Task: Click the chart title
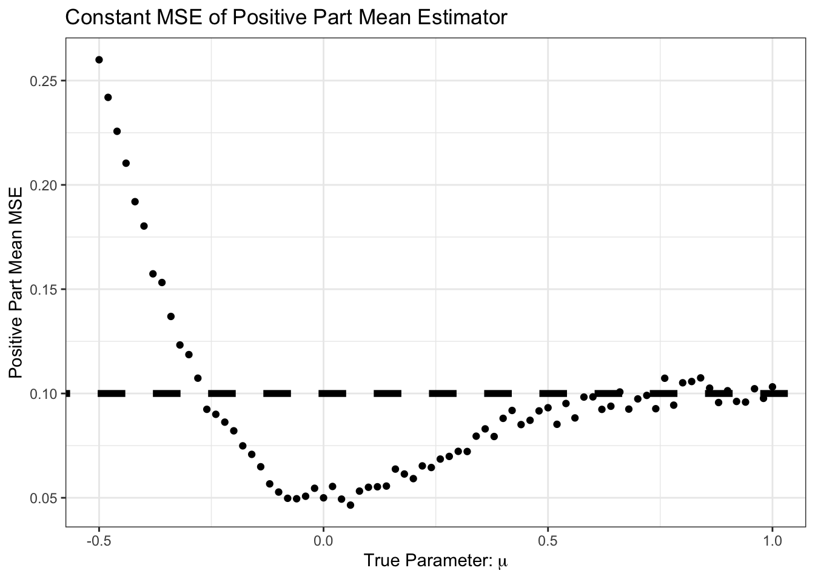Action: pos(286,18)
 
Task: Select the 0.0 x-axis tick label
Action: pos(323,538)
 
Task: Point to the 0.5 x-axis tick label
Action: pos(548,538)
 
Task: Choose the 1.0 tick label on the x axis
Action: pos(772,538)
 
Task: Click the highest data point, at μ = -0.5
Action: pos(99,59)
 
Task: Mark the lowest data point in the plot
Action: pos(350,504)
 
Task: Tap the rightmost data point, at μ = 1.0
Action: pos(772,387)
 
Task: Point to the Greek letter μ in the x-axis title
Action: pos(503,562)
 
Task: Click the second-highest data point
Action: pos(108,97)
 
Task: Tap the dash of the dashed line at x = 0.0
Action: pos(332,393)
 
